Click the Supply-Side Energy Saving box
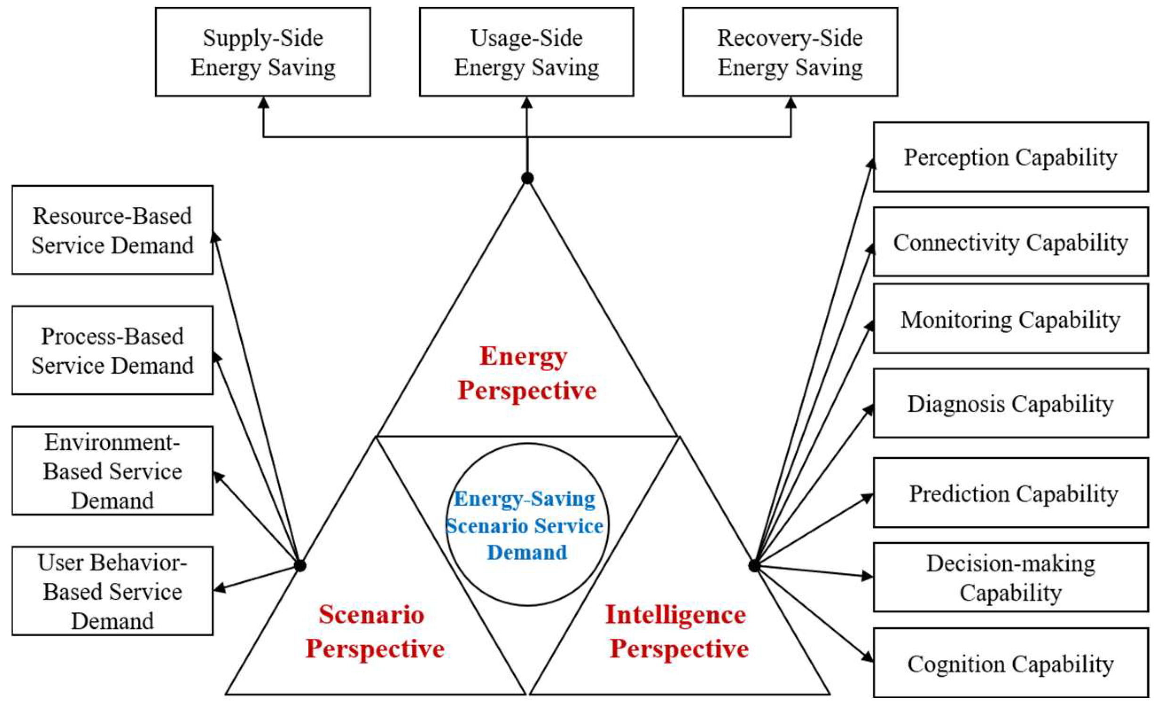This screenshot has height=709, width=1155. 263,52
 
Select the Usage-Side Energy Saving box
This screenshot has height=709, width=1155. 526,52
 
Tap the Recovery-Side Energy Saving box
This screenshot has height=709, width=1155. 790,52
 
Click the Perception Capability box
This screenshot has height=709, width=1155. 1010,157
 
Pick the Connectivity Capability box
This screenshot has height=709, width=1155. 1010,242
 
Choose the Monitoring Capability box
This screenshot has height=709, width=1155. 1010,319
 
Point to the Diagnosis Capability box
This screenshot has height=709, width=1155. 1010,403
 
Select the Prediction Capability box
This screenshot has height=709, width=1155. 1010,493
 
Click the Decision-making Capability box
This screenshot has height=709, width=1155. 1010,577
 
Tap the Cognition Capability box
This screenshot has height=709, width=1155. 1010,663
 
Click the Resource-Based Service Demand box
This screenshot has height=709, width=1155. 112,230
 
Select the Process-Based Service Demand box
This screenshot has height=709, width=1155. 112,350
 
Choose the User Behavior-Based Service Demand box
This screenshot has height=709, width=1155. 112,591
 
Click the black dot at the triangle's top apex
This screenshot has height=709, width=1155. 527,178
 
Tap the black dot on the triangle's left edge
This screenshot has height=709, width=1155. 300,565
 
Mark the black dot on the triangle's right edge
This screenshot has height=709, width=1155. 754,565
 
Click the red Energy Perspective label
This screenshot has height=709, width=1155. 526,373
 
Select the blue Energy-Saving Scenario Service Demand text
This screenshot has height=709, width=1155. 526,525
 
